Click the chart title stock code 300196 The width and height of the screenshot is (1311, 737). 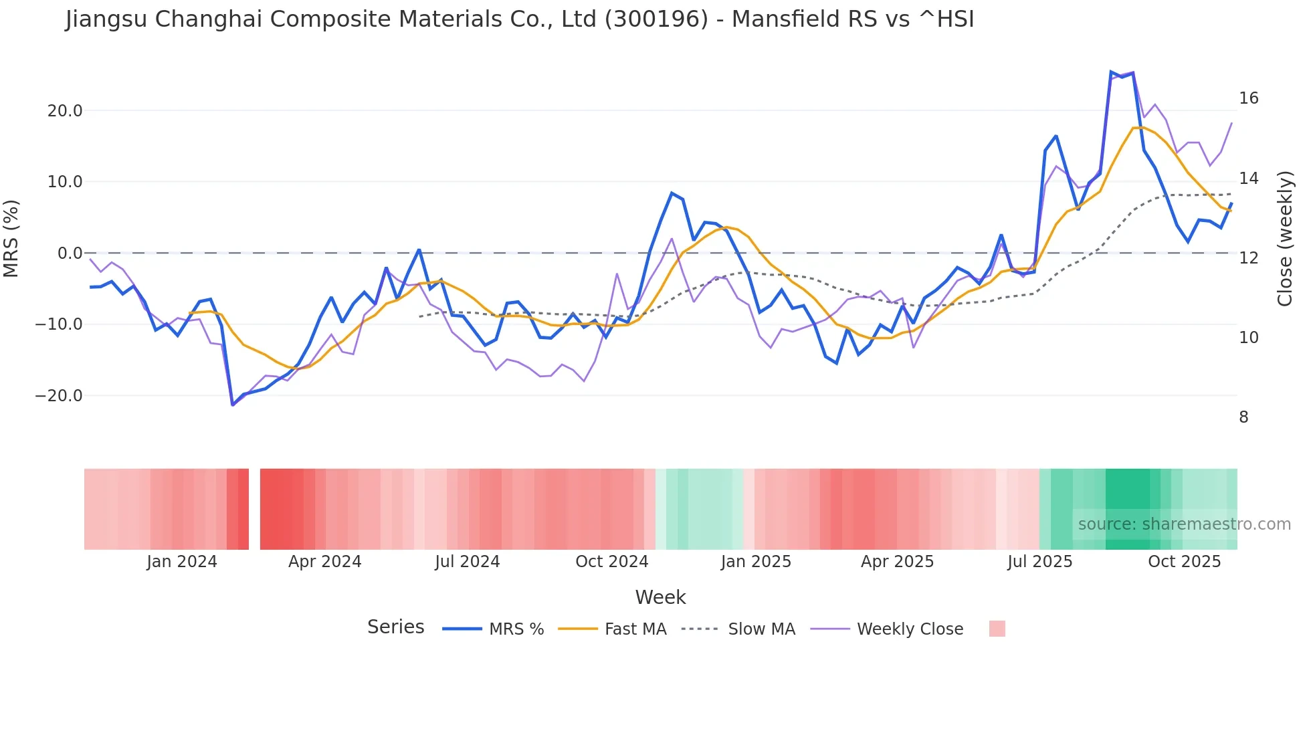[x=656, y=19]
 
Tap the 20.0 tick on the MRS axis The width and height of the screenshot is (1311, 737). [x=65, y=111]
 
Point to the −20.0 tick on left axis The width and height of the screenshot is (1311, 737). [x=59, y=396]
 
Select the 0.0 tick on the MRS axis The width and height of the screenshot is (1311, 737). [x=70, y=253]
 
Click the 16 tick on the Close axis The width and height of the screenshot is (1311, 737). [x=1248, y=98]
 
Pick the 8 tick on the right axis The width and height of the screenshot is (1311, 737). [x=1243, y=417]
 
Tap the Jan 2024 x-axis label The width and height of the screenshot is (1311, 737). [x=182, y=562]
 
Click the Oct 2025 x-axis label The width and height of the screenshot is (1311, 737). [x=1184, y=562]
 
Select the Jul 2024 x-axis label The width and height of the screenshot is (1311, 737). [x=467, y=562]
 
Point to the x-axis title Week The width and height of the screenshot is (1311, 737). [x=660, y=597]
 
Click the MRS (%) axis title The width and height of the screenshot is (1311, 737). [x=11, y=238]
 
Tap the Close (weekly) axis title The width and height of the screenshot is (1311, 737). [x=1284, y=239]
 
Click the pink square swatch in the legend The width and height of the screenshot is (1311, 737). [x=997, y=629]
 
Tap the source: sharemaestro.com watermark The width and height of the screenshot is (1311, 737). [x=1184, y=524]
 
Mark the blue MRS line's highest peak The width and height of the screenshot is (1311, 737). [x=1111, y=72]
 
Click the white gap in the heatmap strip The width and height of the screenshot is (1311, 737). [x=254, y=509]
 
